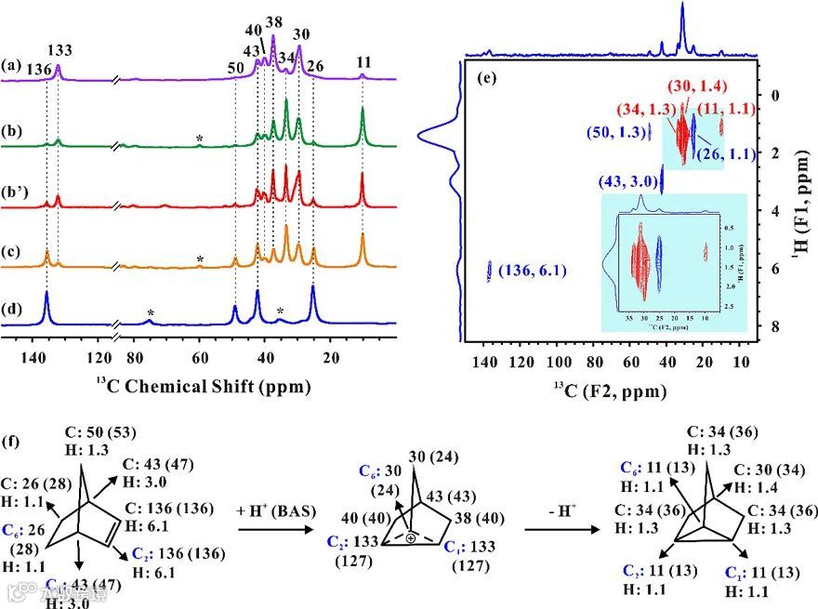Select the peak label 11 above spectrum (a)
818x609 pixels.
[x=363, y=61]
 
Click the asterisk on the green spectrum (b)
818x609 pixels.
[x=199, y=139]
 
